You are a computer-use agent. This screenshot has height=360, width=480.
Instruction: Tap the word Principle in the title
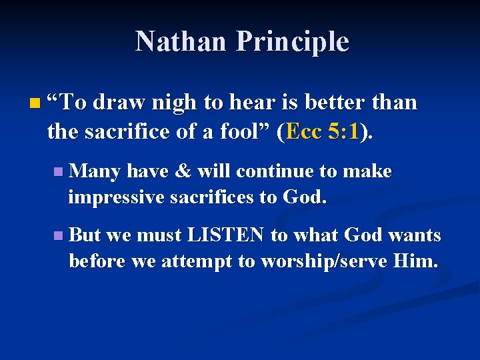(x=292, y=42)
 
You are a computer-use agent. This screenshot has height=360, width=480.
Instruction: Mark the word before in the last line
(x=97, y=261)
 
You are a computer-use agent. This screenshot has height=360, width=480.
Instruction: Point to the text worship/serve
(x=323, y=261)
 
